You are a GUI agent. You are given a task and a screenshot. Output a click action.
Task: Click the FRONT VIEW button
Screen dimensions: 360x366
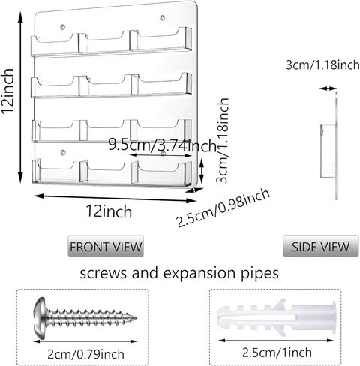pyautogui.click(x=106, y=246)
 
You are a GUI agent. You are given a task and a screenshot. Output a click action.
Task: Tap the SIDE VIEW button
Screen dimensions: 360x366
pyautogui.click(x=320, y=246)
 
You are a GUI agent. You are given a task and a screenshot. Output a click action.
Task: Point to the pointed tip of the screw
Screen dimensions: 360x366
pyautogui.click(x=136, y=318)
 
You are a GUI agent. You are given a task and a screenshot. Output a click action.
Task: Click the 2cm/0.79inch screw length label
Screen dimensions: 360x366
pyautogui.click(x=85, y=354)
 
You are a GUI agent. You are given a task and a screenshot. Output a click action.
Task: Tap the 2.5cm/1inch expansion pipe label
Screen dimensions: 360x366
pyautogui.click(x=277, y=352)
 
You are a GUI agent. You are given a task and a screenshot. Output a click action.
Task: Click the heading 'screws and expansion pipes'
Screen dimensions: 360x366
pyautogui.click(x=179, y=273)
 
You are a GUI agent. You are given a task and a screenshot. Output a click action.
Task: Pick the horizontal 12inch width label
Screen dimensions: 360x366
pyautogui.click(x=109, y=211)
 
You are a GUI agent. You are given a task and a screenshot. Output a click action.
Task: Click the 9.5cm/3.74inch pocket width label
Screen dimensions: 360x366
pyautogui.click(x=162, y=145)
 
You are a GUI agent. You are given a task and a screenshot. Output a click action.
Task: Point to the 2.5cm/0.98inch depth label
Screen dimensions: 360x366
pyautogui.click(x=223, y=208)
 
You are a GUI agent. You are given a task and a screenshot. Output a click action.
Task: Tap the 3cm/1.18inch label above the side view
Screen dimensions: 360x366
pyautogui.click(x=322, y=65)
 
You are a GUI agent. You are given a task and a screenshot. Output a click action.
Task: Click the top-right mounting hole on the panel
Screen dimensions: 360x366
pyautogui.click(x=163, y=18)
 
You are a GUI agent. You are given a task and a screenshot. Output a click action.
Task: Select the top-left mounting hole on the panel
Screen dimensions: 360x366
pyautogui.click(x=63, y=27)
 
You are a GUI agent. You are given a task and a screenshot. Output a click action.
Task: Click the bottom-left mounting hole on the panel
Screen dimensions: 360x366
pyautogui.click(x=63, y=152)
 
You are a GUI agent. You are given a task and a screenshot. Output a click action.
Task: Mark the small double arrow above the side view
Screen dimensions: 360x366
pyautogui.click(x=328, y=88)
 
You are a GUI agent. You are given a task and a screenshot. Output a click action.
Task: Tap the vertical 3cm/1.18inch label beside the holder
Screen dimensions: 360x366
pyautogui.click(x=223, y=140)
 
